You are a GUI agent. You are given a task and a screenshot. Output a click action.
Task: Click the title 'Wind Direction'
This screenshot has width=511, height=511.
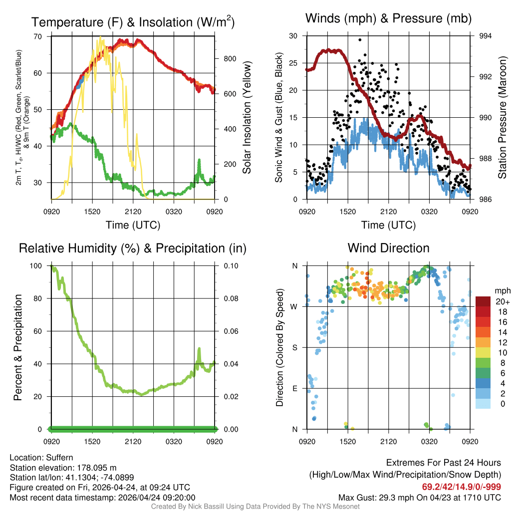coord(388,248)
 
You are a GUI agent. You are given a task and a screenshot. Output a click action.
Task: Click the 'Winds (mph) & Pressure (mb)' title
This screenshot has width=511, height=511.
coord(388,18)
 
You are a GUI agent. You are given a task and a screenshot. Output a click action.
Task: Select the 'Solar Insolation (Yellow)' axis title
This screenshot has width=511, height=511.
coord(247,118)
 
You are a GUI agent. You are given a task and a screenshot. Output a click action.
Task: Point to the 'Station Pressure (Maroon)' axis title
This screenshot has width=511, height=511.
coord(502,118)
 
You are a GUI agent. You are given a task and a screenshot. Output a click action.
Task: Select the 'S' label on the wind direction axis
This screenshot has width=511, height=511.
coord(294,347)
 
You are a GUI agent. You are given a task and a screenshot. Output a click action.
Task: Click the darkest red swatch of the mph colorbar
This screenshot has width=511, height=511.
coord(483,301)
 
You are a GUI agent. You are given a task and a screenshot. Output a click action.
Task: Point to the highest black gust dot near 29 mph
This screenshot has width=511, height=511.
coord(360,40)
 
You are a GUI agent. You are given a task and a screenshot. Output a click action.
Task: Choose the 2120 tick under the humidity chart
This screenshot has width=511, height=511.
coord(133,441)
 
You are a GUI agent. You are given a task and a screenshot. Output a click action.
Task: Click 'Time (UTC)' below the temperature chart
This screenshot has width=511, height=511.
coord(133,225)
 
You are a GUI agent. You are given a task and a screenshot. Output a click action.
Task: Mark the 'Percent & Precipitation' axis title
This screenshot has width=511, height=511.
coord(18,347)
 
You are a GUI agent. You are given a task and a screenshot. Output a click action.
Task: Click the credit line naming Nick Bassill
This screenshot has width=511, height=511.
coord(255,507)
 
